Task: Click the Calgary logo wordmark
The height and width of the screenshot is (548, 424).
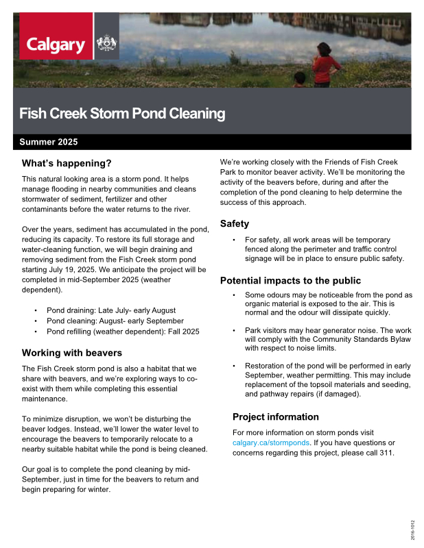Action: click(x=56, y=46)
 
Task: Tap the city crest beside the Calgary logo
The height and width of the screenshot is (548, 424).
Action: click(x=106, y=45)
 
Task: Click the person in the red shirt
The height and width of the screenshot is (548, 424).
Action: click(x=327, y=66)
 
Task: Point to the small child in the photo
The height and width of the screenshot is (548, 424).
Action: click(x=300, y=79)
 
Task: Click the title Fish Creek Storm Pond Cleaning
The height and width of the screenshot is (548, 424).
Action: click(x=121, y=113)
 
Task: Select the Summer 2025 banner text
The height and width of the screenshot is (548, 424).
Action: click(x=49, y=142)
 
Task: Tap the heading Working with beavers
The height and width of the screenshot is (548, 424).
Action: click(x=72, y=353)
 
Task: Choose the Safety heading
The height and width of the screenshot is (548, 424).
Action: click(x=234, y=223)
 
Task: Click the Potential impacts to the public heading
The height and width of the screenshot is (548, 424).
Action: click(x=290, y=281)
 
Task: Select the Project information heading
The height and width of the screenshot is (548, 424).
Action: click(x=276, y=416)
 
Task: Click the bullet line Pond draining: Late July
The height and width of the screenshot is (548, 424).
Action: click(x=111, y=310)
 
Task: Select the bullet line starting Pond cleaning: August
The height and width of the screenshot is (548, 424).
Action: click(x=115, y=321)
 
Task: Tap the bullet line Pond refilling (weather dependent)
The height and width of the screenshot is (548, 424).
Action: click(x=123, y=332)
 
